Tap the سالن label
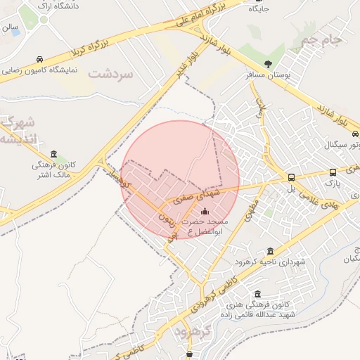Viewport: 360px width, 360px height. coord(9,28)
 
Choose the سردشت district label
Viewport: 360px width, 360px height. coord(110,72)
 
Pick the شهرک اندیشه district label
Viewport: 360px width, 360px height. coord(15,129)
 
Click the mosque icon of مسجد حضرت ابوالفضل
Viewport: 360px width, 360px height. coord(205,212)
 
